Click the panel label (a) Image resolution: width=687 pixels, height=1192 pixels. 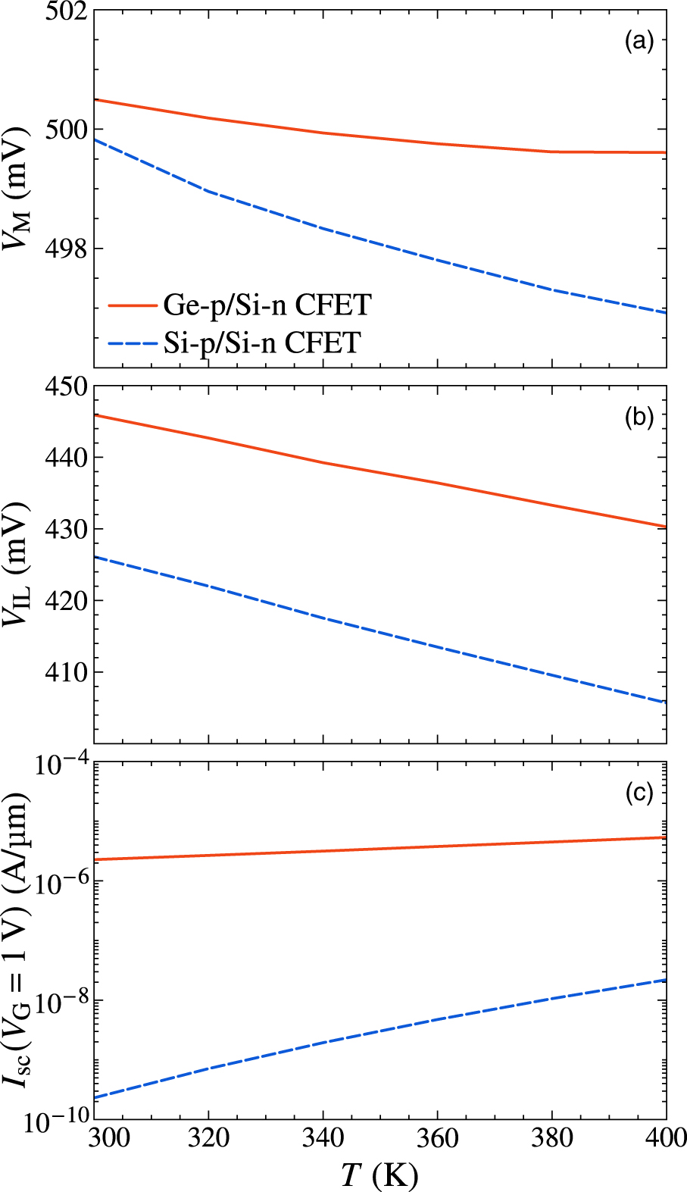(639, 42)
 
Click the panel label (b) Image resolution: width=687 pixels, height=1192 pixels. (639, 418)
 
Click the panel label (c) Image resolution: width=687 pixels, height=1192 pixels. (639, 793)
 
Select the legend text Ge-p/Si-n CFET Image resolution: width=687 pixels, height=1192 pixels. (267, 305)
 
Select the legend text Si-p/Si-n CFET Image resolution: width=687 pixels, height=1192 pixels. (262, 343)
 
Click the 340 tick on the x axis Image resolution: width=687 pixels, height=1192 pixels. (323, 1138)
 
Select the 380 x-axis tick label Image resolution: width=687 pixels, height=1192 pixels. (552, 1138)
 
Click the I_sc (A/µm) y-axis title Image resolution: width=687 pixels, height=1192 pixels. (17, 940)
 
